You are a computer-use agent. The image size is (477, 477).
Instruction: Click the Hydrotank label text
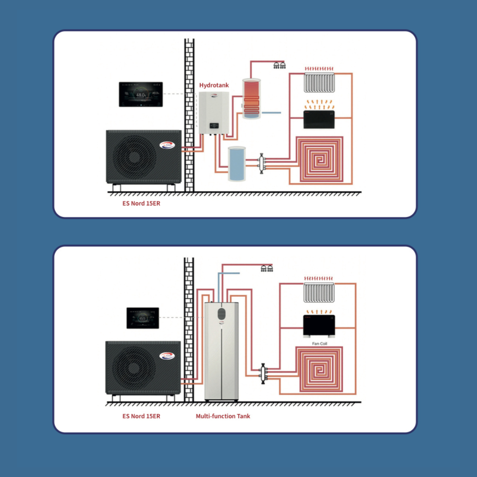pos(214,85)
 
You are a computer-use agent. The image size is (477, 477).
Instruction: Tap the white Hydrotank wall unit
pos(214,113)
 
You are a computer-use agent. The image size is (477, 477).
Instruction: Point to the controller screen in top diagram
pos(142,94)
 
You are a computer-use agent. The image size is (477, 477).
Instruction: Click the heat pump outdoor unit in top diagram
pos(144,157)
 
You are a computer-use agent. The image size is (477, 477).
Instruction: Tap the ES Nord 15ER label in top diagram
pos(141,202)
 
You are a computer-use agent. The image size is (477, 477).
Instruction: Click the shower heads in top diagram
pos(280,65)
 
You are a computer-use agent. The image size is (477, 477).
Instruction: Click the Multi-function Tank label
pos(223,416)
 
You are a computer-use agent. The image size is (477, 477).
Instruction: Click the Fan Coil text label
pos(320,343)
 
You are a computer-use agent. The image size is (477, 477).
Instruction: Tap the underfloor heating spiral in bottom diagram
pos(319,370)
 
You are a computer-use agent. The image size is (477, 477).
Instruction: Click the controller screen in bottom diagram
pos(143,318)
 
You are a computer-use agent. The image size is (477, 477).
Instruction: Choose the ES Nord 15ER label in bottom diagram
pos(141,416)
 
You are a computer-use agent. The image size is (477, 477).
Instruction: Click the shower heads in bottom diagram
pos(267,268)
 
